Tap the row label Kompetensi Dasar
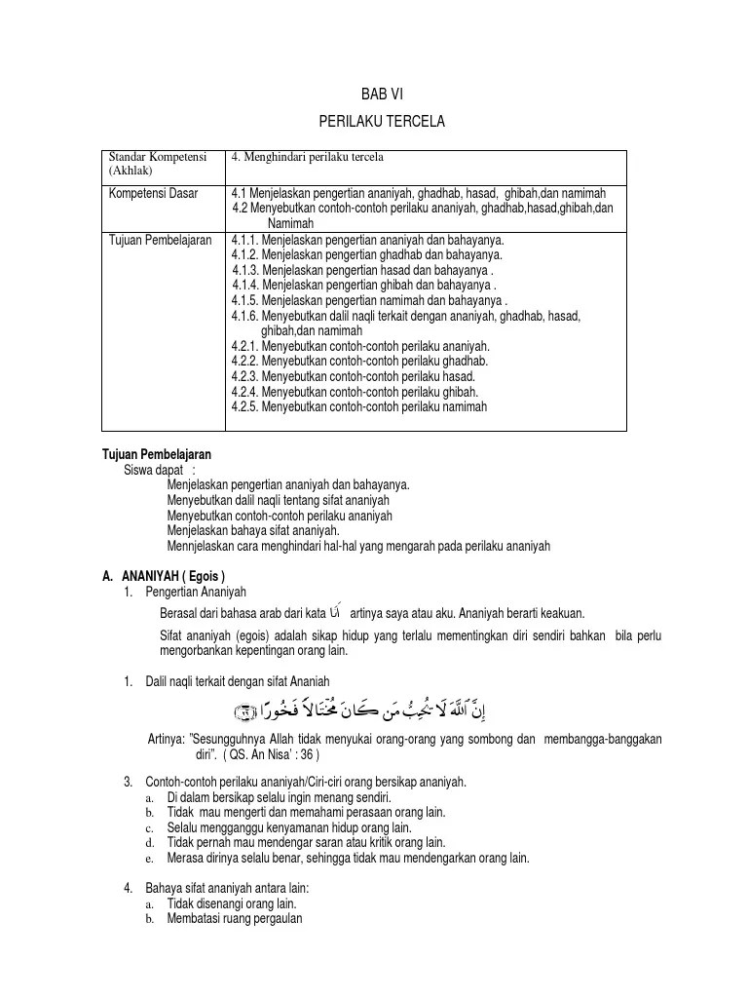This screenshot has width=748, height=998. coord(153,193)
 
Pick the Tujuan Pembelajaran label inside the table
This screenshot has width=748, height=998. coord(160,240)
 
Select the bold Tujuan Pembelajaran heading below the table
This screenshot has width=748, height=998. coord(157,454)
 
